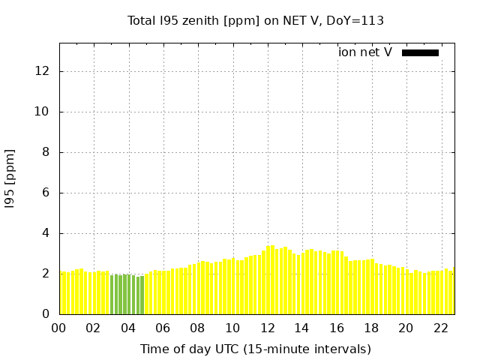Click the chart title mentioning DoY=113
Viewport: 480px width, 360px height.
[256, 21]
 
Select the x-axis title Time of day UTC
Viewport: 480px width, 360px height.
[255, 349]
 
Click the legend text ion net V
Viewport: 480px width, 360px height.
[365, 52]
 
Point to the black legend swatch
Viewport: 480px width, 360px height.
[420, 52]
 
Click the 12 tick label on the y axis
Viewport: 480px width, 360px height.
[43, 71]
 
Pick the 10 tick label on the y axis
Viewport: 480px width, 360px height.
[43, 112]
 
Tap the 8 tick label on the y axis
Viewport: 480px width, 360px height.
[46, 152]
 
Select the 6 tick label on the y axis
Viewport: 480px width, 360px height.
[46, 193]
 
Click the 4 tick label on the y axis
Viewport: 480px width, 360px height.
[46, 233]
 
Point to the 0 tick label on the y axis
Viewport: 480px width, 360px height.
[46, 314]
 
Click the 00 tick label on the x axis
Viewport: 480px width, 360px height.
[59, 328]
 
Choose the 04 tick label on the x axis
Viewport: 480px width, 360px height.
[129, 328]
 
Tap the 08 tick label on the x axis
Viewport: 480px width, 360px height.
[198, 328]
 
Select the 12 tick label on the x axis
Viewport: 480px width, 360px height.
[268, 328]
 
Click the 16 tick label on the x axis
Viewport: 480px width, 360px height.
[337, 328]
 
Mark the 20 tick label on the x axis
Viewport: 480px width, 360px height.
[406, 328]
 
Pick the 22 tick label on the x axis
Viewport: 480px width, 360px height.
[441, 328]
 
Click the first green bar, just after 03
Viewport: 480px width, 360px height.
[112, 295]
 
